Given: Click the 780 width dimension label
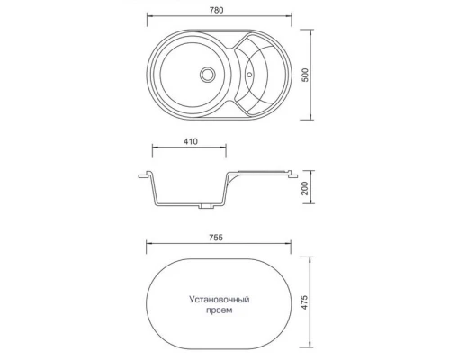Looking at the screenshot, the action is click(216, 10).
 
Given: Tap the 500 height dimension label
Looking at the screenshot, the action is click(305, 75).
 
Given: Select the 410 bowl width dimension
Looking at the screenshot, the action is click(190, 141).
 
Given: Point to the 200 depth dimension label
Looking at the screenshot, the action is click(305, 188).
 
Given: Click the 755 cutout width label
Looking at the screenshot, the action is click(216, 238).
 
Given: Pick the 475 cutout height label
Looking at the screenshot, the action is click(305, 302).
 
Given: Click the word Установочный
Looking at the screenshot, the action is click(220, 300).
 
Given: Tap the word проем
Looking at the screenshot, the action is click(220, 310).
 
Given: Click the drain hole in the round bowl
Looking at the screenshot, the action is click(207, 74).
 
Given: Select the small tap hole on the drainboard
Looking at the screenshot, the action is click(249, 74).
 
